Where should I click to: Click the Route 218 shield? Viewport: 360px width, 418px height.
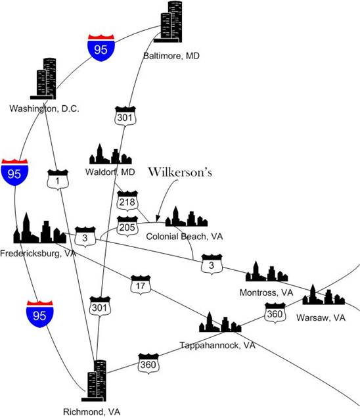click(x=127, y=201)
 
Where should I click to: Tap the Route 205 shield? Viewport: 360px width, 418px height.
click(x=127, y=227)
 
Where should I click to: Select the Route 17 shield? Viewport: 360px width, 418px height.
click(x=141, y=285)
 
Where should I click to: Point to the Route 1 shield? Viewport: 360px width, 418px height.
click(x=58, y=179)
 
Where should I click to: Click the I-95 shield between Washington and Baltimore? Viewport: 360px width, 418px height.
click(x=101, y=48)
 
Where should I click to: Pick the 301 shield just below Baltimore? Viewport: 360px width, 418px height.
click(x=125, y=116)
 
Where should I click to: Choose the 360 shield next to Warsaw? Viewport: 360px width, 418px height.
click(x=275, y=313)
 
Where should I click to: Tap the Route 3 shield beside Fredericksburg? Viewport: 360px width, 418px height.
click(x=85, y=237)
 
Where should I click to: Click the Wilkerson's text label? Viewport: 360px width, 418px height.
click(x=180, y=172)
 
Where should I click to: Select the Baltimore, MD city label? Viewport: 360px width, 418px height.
click(x=171, y=56)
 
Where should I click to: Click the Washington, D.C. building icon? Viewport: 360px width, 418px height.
click(x=43, y=79)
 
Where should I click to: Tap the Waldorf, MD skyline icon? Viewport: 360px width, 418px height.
click(x=110, y=154)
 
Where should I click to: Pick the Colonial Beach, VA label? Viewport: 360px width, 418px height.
click(x=185, y=236)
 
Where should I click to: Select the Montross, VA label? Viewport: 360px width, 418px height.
click(x=266, y=292)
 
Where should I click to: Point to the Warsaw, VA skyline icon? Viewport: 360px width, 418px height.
click(x=323, y=295)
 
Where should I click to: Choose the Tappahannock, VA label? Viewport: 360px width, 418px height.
click(x=217, y=345)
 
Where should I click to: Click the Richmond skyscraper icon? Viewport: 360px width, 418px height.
click(x=94, y=381)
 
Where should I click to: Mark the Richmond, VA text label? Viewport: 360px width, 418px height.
click(x=92, y=411)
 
